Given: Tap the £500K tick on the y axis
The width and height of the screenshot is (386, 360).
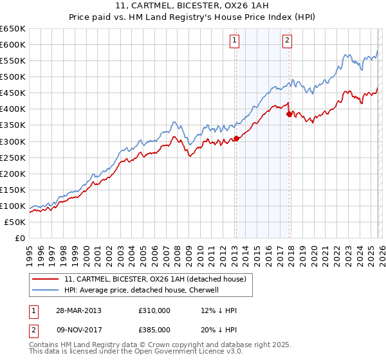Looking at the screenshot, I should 13,76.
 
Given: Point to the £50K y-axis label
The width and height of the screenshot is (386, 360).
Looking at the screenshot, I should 15,222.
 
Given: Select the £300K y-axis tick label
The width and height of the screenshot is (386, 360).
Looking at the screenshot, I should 13,141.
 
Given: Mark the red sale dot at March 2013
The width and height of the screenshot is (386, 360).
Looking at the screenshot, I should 236,138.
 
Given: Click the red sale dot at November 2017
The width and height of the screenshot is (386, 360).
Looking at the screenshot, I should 289,114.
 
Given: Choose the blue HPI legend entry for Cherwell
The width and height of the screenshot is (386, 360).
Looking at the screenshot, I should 142,290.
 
